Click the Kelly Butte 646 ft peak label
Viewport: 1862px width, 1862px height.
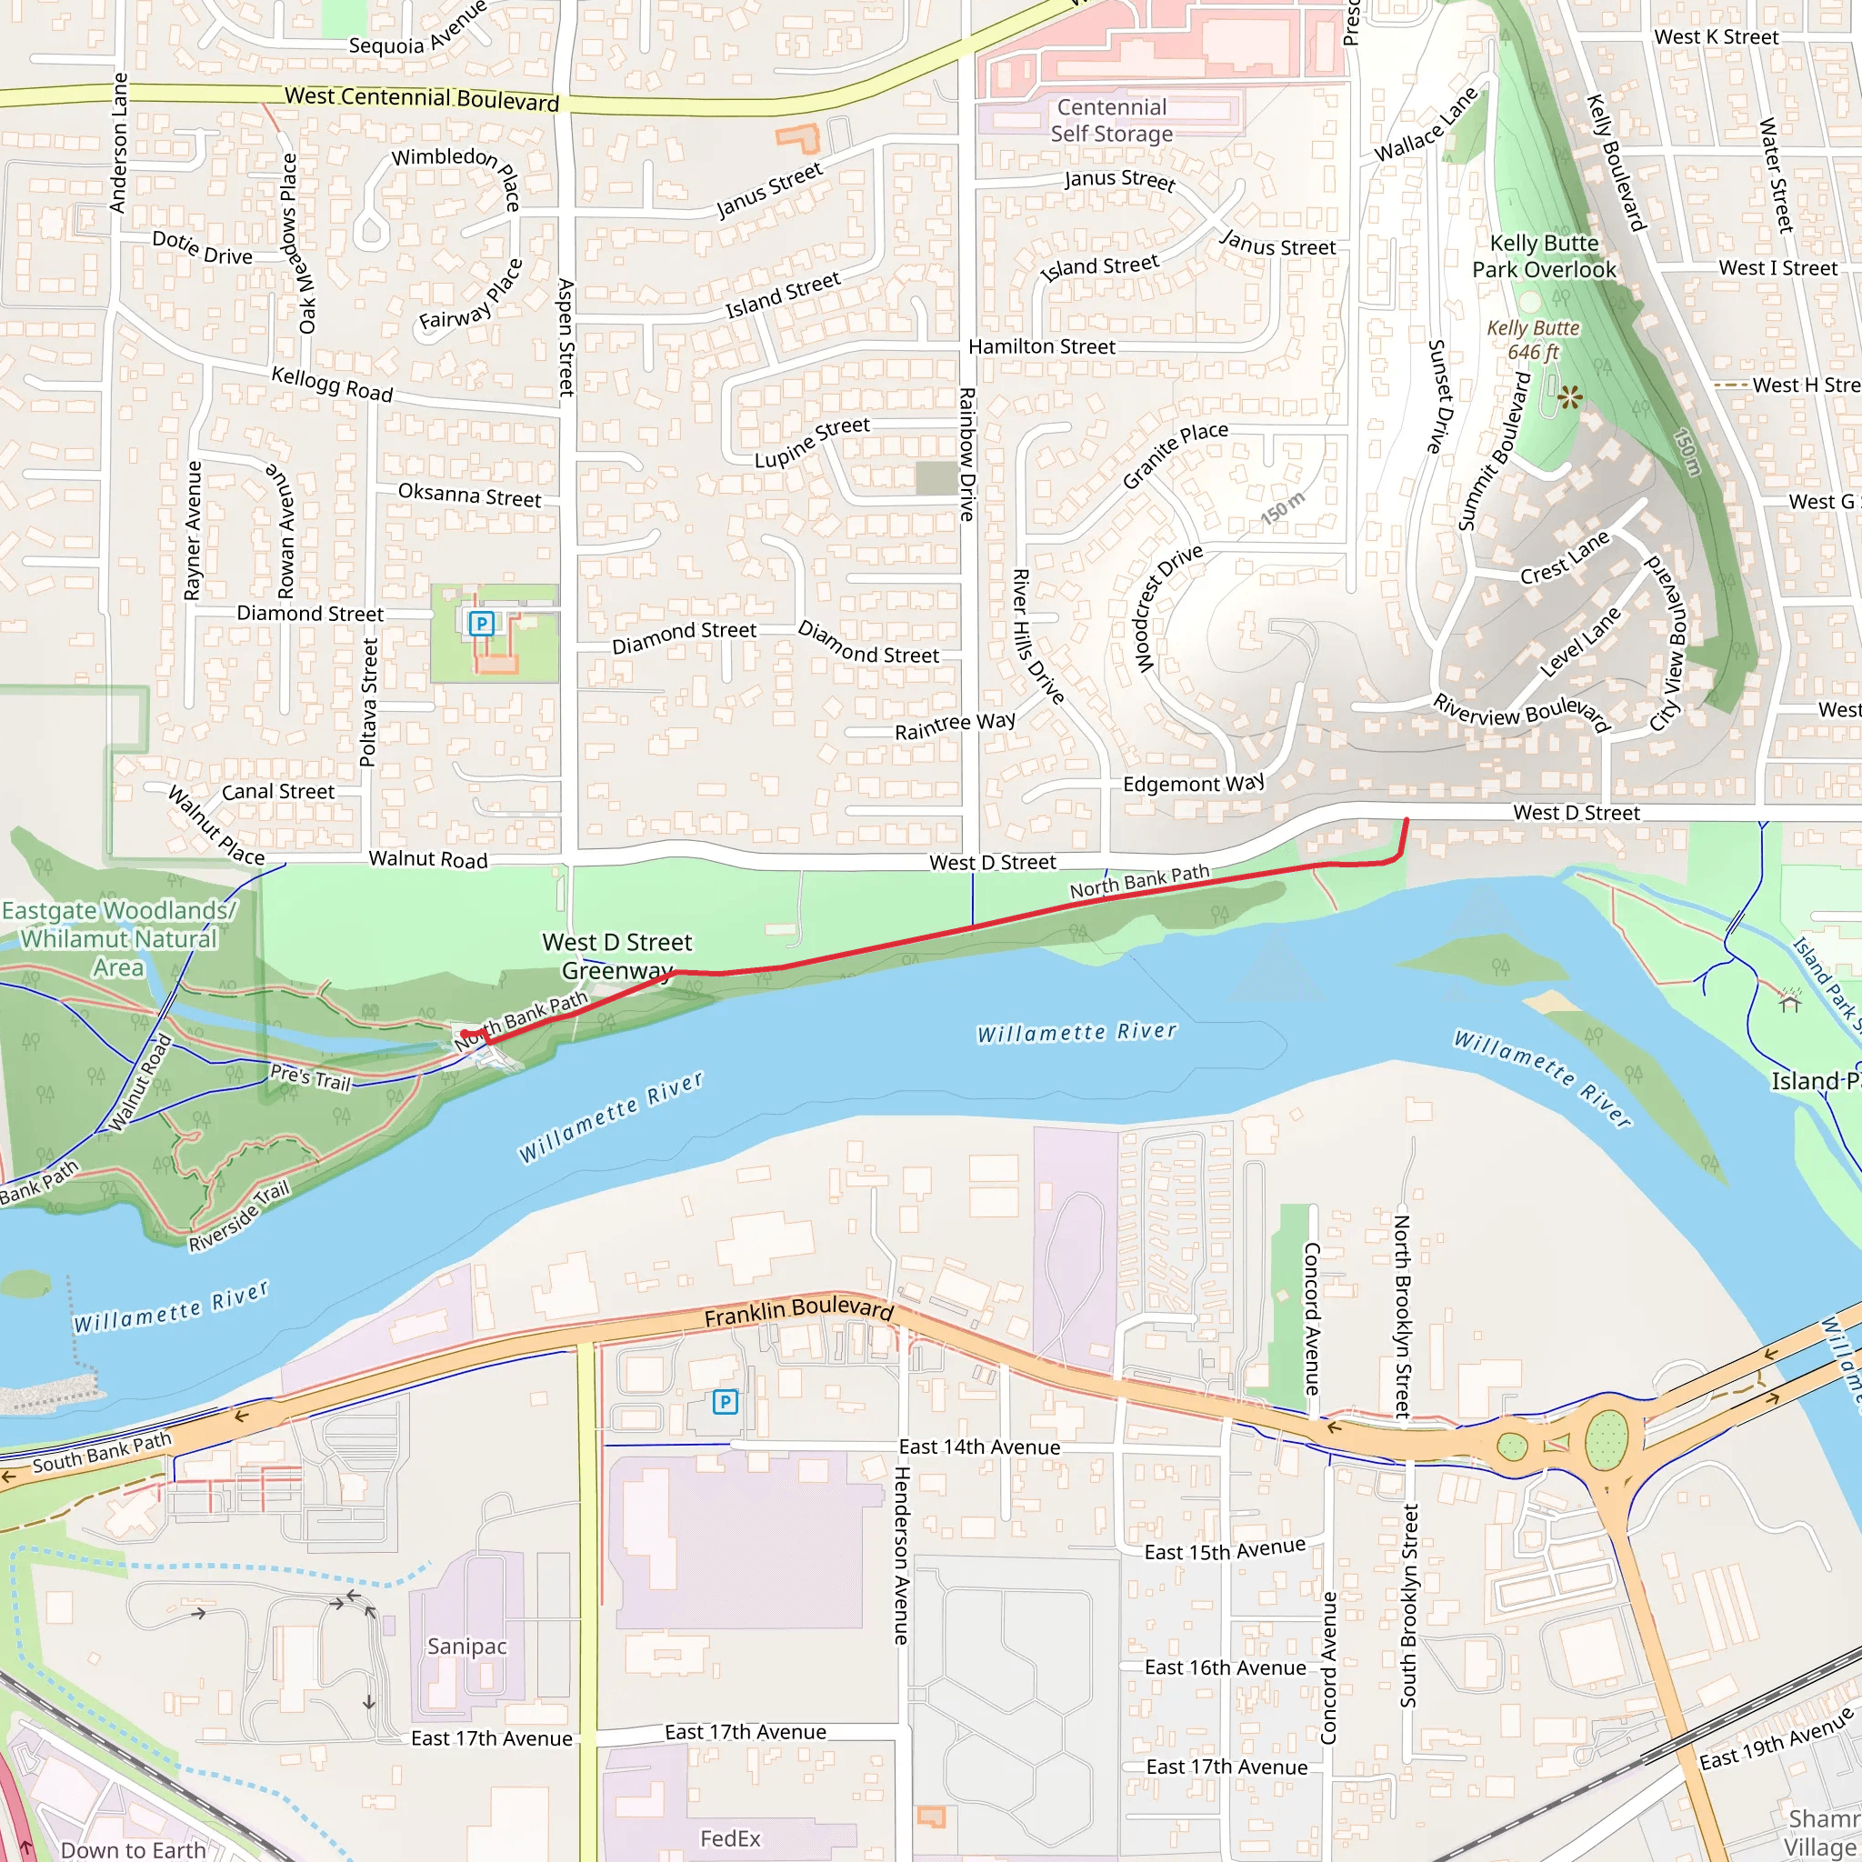pos(1532,340)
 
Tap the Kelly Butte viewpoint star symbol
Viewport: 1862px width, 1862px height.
pos(1569,397)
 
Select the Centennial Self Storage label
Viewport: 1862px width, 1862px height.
pos(1111,121)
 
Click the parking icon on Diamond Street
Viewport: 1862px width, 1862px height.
pos(481,624)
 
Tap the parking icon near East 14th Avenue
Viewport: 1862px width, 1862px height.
pos(725,1401)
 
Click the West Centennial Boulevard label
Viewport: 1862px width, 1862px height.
pos(421,98)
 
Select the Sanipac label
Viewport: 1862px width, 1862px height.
pos(467,1647)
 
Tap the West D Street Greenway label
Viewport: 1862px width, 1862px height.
pos(616,956)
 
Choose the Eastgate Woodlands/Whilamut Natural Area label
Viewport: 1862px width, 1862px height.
pos(117,937)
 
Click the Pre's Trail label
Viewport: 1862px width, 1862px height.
pos(309,1076)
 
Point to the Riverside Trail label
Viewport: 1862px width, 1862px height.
pos(238,1216)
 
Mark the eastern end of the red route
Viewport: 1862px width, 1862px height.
pos(1407,820)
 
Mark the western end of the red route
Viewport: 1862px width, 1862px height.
pos(465,1033)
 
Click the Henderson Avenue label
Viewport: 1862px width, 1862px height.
pos(901,1555)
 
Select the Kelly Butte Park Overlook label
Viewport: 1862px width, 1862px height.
pos(1544,256)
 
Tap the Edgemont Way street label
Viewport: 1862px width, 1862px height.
pos(1193,784)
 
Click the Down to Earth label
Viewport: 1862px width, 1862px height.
pos(133,1849)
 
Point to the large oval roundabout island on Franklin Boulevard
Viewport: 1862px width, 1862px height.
pos(1606,1440)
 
